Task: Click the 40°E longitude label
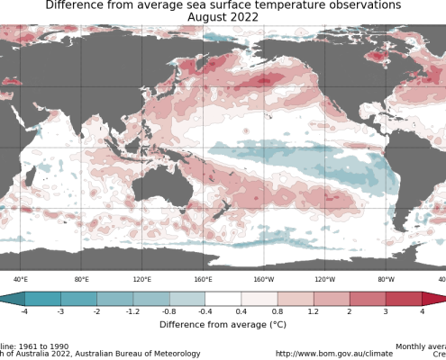click(20, 280)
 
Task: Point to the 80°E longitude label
click(81, 280)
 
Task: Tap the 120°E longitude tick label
click(141, 280)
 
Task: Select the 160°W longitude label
click(264, 280)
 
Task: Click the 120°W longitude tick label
click(324, 280)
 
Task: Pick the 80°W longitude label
click(386, 280)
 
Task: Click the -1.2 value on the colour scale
click(133, 311)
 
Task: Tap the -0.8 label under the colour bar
click(169, 311)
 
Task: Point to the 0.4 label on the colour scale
click(241, 311)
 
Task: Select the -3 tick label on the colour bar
click(61, 311)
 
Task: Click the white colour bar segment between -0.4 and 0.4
click(223, 299)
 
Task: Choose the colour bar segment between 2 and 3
click(368, 299)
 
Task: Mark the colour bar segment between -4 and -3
click(43, 299)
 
